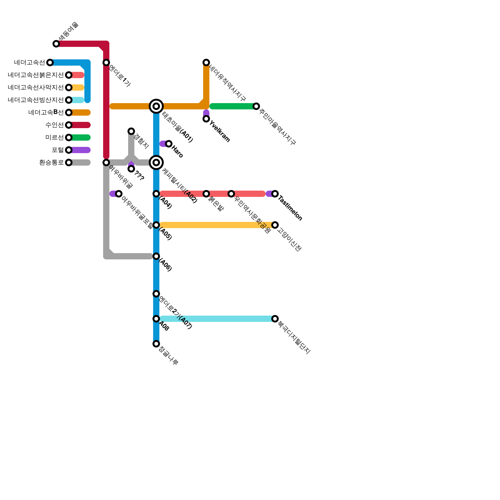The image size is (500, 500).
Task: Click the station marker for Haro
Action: click(x=169, y=144)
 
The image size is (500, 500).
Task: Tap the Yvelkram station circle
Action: click(x=206, y=119)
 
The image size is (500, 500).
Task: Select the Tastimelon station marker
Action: click(x=275, y=194)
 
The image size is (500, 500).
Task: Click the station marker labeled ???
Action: click(x=131, y=169)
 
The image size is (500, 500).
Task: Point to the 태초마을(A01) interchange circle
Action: click(x=156, y=106)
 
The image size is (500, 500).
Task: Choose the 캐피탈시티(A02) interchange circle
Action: click(x=156, y=162)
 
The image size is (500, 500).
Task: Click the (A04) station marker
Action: click(x=156, y=194)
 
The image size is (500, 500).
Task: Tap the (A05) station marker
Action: click(x=156, y=225)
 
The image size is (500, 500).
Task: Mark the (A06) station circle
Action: click(x=156, y=256)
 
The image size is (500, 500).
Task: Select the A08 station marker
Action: click(x=156, y=319)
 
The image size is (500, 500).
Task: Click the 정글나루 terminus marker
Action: click(x=156, y=344)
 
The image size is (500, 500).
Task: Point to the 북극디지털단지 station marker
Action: click(x=275, y=319)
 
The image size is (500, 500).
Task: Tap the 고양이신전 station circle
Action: click(x=275, y=225)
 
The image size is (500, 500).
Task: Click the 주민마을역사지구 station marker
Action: click(x=256, y=106)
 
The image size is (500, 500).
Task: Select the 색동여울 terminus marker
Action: click(x=56, y=44)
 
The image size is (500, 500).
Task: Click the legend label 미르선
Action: click(x=54, y=137)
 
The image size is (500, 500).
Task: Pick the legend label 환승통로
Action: click(x=52, y=162)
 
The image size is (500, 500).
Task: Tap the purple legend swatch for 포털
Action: click(x=81, y=150)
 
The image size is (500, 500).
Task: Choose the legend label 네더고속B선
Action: click(x=46, y=112)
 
